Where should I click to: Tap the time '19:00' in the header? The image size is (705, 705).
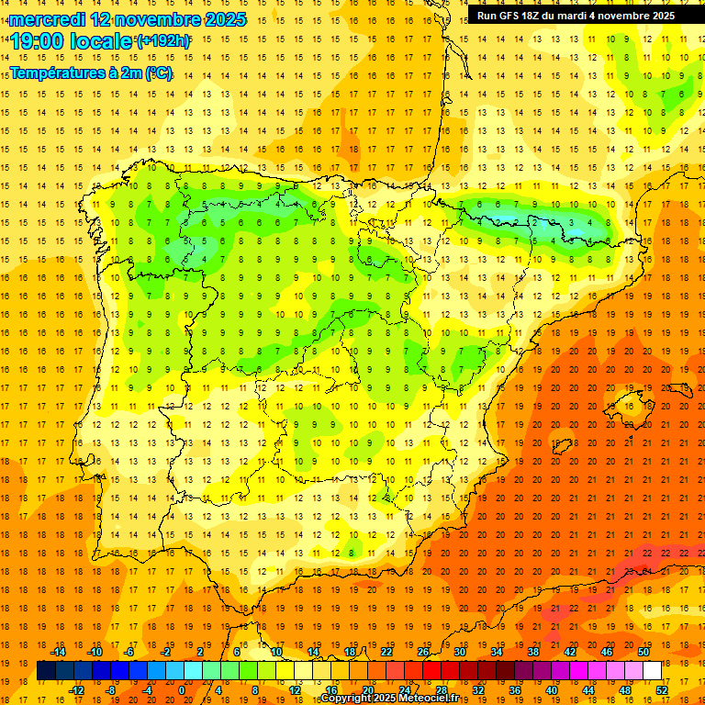coord(38,41)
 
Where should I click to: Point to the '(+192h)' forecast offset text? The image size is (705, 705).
coord(163,41)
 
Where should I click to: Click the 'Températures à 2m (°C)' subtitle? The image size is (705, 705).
coord(91,73)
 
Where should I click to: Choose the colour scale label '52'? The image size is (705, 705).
coord(662,689)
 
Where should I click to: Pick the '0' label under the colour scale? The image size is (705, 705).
coord(181,689)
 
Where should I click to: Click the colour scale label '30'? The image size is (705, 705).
coord(459,652)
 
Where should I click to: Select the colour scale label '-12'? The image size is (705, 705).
coord(76,689)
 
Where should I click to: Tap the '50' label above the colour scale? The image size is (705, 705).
coord(643,652)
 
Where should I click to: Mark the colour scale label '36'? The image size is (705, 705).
coord(514,689)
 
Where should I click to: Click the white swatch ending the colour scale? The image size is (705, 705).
coord(652,671)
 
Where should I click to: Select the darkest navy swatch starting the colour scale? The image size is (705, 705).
coord(46,671)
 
